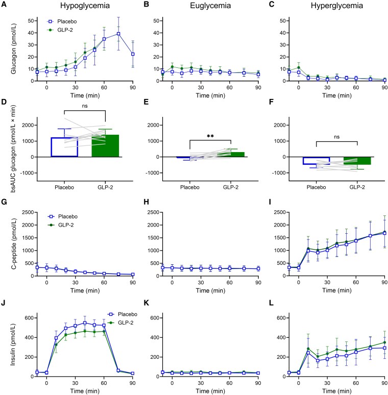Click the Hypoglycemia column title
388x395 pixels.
pos(85,6)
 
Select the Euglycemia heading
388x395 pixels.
pos(210,6)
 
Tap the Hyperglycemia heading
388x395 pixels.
pos(337,6)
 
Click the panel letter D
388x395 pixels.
pos(4,102)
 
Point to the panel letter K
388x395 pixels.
pos(146,303)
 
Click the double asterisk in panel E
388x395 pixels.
pos(210,136)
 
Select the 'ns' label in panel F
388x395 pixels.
pos(337,137)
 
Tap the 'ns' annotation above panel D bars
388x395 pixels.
pos(85,106)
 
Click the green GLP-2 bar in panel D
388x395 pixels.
pos(105,146)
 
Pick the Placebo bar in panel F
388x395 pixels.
pos(316,161)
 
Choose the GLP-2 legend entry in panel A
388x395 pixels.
pos(60,30)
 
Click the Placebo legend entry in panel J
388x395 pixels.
pos(123,314)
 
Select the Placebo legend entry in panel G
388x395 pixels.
pos(63,216)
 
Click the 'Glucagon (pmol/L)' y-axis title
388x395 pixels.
pos(13,49)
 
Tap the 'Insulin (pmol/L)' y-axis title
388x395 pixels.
pos(13,344)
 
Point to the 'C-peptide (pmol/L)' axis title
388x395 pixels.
pos(13,244)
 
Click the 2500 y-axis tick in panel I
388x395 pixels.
pos(280,212)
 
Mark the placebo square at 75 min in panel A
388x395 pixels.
pos(118,34)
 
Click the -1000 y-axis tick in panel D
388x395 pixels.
pos(29,173)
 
